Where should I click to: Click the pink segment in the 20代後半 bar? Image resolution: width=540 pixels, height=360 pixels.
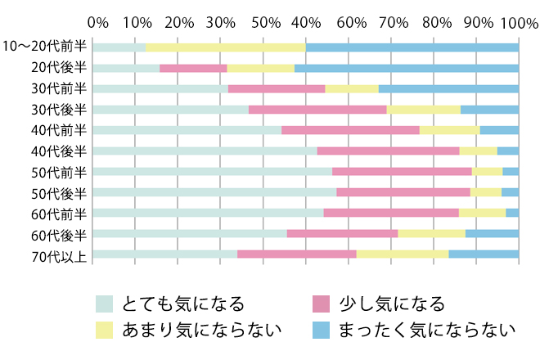(193, 68)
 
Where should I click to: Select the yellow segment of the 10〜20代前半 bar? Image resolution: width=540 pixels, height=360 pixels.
(226, 47)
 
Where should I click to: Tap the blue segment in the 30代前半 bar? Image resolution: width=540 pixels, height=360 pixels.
(448, 88)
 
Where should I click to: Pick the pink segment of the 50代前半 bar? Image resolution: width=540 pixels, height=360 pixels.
(402, 171)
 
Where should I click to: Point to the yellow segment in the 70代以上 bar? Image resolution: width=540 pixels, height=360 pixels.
(403, 254)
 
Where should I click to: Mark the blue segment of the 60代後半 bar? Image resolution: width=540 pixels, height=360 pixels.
(492, 234)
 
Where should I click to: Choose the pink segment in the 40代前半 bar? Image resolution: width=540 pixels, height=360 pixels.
(350, 130)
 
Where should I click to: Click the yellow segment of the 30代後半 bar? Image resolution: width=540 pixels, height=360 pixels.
(424, 109)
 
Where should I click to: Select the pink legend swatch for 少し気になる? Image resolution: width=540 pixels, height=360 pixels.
(321, 304)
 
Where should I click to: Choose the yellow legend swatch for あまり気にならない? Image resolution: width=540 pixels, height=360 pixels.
(104, 331)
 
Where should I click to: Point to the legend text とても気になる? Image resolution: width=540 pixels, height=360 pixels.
(182, 304)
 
